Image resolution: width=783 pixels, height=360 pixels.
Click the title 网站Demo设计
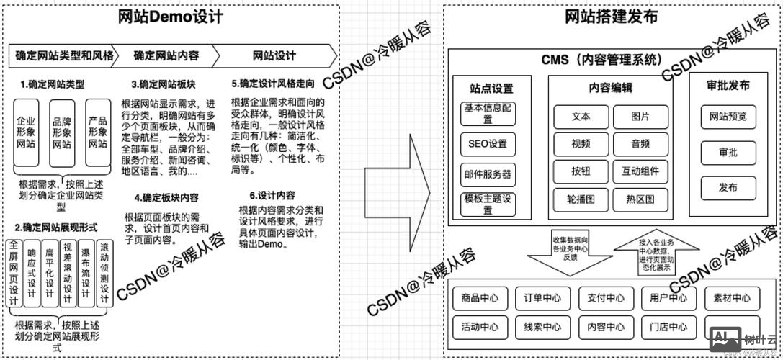tap(171, 16)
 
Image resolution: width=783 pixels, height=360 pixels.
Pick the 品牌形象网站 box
tap(61, 132)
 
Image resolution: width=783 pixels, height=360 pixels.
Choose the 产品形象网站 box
tap(97, 132)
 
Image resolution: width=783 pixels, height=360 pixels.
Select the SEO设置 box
tap(488, 144)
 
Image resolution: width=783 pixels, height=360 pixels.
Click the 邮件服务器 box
tap(488, 174)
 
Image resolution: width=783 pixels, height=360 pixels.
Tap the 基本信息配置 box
tap(488, 112)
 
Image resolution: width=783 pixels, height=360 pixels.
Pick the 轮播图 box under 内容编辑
tap(581, 198)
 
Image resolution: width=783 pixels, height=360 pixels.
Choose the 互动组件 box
tap(640, 171)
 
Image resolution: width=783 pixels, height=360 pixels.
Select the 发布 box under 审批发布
tap(728, 187)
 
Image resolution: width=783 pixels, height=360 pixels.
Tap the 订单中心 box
tap(542, 298)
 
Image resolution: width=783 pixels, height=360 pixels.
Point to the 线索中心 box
tap(542, 326)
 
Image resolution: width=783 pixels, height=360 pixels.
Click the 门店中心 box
tap(668, 326)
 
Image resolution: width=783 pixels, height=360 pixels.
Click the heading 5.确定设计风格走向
tap(273, 83)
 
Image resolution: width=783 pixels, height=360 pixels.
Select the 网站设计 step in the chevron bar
tap(274, 55)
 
